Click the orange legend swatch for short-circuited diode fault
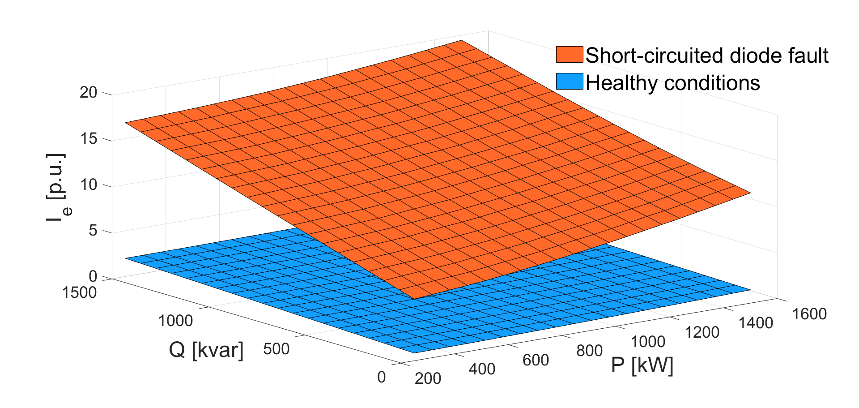point(570,55)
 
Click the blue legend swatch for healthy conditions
point(570,82)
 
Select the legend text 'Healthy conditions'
point(672,83)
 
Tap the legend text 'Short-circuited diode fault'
point(707,56)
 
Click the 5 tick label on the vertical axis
point(93,231)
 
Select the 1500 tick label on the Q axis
point(80,292)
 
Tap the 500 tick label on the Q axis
point(276,349)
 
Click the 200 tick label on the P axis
point(428,378)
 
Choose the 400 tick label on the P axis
point(482,369)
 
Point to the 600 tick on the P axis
point(536,360)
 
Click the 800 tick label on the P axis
point(589,351)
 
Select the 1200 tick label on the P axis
point(702,332)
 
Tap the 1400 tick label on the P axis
point(756,323)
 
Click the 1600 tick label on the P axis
point(809,314)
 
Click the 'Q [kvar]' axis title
point(206,350)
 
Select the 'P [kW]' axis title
point(642,366)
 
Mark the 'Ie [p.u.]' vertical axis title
point(57,188)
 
